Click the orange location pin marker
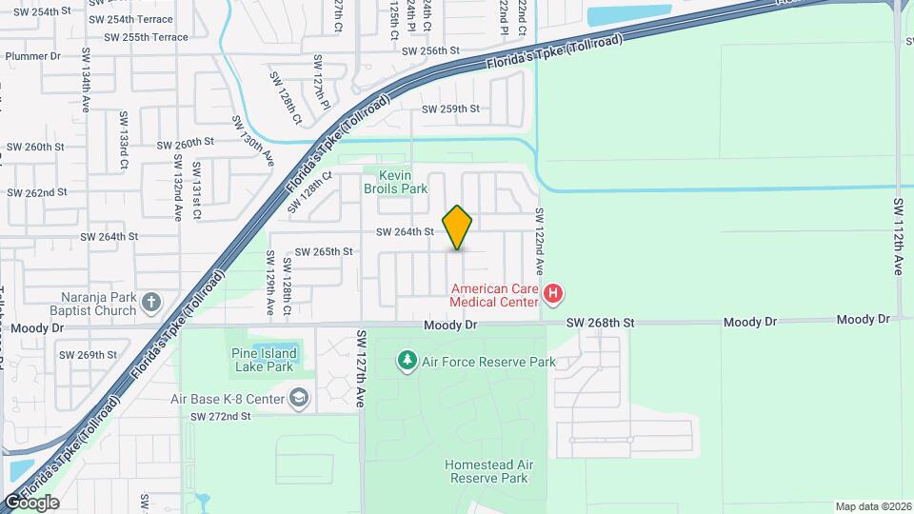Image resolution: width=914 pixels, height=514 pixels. click(458, 227)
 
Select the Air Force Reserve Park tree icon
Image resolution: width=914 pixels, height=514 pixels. click(407, 361)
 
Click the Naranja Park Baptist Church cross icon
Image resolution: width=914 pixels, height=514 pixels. click(150, 304)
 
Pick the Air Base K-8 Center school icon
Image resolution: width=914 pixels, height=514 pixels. click(299, 398)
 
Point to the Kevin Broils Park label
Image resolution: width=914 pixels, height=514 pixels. click(403, 182)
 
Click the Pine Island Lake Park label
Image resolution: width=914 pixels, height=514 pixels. click(264, 360)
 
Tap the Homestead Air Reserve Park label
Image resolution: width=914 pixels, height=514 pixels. click(486, 471)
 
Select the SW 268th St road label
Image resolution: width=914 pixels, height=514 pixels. click(600, 323)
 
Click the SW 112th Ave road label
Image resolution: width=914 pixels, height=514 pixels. click(898, 237)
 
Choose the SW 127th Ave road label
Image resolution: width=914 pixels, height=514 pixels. click(362, 369)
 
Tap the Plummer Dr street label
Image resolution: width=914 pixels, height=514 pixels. click(32, 56)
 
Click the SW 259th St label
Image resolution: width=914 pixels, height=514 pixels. click(451, 109)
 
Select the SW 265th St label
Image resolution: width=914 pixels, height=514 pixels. click(324, 252)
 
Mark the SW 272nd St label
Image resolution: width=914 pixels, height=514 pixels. click(220, 416)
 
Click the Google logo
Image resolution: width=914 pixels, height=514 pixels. click(30, 502)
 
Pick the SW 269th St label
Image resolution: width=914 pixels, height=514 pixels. click(88, 355)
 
